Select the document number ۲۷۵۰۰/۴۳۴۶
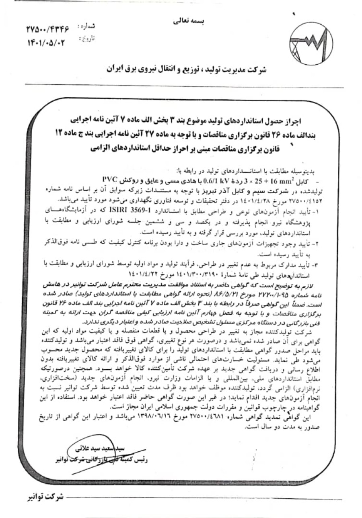click(x=47, y=29)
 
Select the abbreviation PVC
click(x=110, y=178)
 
